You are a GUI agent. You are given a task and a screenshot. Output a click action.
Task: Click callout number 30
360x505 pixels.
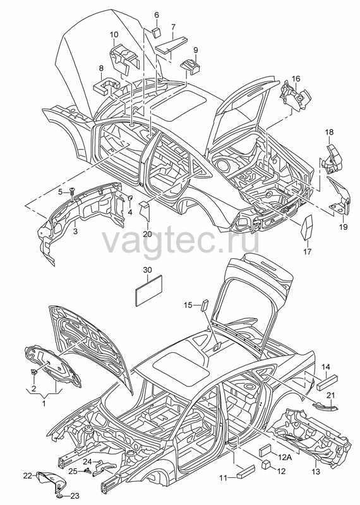point(147,270)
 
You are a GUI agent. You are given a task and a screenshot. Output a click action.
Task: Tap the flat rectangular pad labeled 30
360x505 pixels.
point(148,290)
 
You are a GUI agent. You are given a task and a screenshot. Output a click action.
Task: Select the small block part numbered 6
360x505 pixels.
point(156,32)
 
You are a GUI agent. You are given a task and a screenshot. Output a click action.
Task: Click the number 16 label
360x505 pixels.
point(296,78)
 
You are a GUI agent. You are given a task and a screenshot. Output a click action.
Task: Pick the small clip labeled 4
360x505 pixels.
point(131,198)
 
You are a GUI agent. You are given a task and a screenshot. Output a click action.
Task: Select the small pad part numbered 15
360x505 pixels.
point(204,305)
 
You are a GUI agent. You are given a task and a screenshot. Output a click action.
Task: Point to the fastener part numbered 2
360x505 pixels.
point(33,372)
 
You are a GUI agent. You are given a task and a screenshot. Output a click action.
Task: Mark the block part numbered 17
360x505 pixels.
point(307,227)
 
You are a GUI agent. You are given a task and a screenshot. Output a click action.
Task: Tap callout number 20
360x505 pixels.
point(147,234)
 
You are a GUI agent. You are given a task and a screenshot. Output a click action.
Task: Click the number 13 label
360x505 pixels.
point(316,471)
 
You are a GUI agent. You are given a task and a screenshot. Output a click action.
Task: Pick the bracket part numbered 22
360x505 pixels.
point(51,481)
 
